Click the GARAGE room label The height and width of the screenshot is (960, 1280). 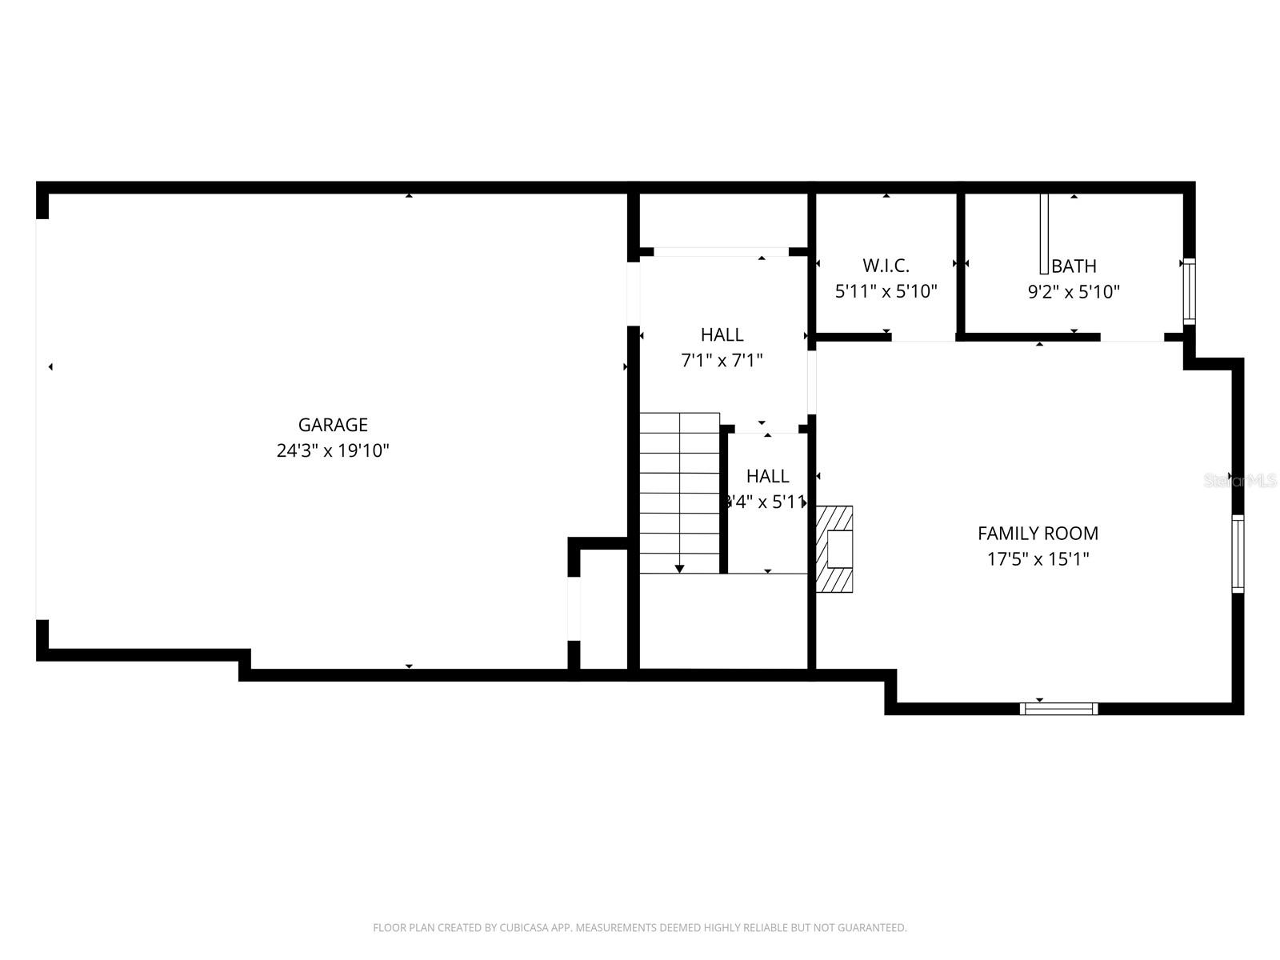(x=333, y=425)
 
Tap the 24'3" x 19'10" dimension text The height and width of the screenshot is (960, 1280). (x=333, y=450)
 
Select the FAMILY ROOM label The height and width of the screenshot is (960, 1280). (x=1038, y=534)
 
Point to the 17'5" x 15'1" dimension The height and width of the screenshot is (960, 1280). (x=1038, y=559)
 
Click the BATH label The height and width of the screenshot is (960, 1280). (x=1074, y=266)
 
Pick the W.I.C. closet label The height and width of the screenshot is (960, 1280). (x=886, y=266)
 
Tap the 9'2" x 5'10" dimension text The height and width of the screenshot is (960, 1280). (x=1074, y=292)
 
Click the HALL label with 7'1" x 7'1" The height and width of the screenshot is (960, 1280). (x=722, y=335)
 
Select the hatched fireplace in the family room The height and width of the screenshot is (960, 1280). (x=834, y=549)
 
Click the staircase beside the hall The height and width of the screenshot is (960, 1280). (x=680, y=492)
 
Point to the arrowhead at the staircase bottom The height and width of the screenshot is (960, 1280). (x=679, y=568)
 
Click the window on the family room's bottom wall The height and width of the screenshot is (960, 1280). (x=1058, y=708)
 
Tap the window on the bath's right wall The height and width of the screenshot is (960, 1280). (x=1190, y=292)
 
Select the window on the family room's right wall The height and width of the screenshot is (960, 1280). (x=1238, y=554)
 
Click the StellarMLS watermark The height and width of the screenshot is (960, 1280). (x=1240, y=481)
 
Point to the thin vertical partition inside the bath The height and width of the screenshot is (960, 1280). (x=1043, y=234)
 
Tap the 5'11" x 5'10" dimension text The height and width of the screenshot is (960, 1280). (x=886, y=292)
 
